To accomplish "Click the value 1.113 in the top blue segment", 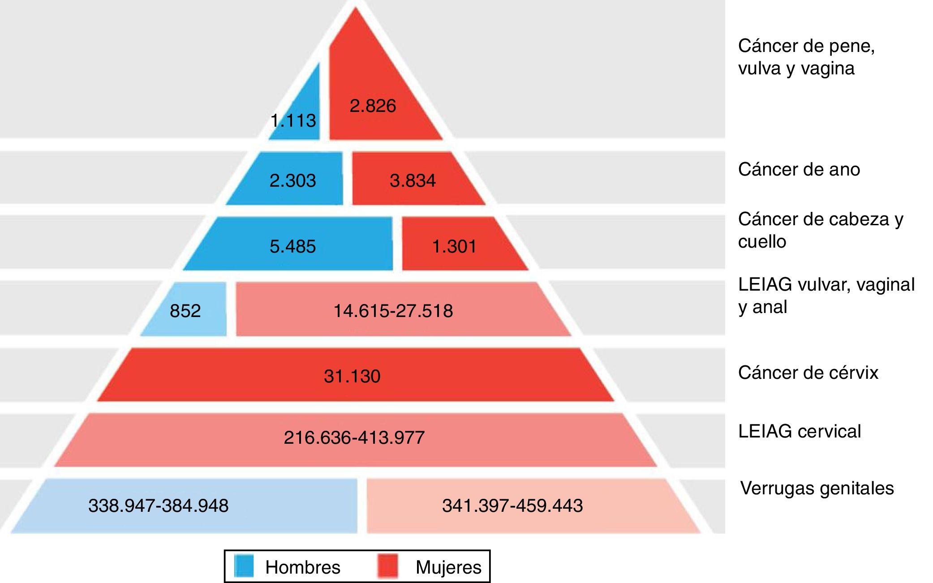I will pos(293,120).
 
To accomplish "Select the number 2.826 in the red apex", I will pos(373,106).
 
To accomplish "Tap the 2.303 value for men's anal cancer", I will pos(292,180).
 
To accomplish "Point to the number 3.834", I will pos(413,180).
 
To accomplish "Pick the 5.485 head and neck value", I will pos(292,246).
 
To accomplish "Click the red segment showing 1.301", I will pos(454,246).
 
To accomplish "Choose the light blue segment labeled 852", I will pos(185,310).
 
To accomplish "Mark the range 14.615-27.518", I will pos(393,310).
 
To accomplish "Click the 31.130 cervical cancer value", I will pos(352,376).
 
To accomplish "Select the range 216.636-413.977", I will pos(354,437).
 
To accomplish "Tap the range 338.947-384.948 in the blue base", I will pos(159,506).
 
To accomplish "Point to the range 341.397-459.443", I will pos(512,506).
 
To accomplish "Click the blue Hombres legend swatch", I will pos(244,566).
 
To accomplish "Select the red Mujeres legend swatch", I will pos(387,566).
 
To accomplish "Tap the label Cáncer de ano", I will pos(799,170).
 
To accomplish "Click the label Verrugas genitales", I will pos(817,488).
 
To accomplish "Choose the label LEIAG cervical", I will pos(800,431).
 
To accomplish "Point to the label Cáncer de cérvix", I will pos(808,373).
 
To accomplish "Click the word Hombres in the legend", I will pos(303,567).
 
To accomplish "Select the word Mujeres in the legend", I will pos(448,567).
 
